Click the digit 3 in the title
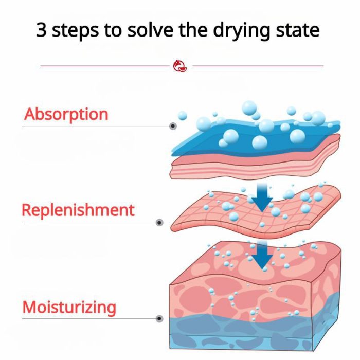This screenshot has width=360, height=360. (x=41, y=30)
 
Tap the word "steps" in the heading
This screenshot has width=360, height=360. (x=75, y=31)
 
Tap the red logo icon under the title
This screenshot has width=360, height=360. (x=180, y=66)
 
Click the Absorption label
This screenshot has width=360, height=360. (x=66, y=114)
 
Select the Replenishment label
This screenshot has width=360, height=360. (x=78, y=210)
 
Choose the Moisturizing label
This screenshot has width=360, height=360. (x=69, y=307)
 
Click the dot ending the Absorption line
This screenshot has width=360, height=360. (x=173, y=126)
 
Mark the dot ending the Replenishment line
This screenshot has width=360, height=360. (x=159, y=223)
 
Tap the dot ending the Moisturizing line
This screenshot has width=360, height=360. (x=159, y=319)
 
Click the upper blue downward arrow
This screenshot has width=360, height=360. (x=262, y=197)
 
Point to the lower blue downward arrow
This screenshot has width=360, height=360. (x=262, y=255)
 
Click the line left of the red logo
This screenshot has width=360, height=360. (x=105, y=66)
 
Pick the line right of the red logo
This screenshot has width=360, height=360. (x=258, y=66)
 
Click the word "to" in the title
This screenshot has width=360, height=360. (x=113, y=30)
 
